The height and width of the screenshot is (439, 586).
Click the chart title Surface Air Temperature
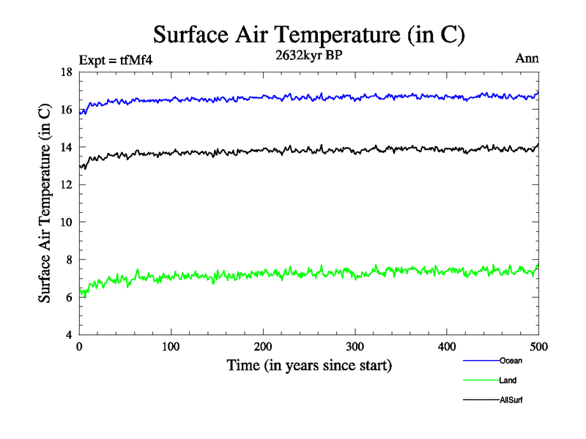[308, 34]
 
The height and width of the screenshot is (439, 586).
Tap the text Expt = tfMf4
[116, 60]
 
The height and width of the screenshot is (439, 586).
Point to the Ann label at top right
[527, 59]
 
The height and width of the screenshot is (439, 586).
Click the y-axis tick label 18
[66, 72]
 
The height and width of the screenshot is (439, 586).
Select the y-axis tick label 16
[66, 110]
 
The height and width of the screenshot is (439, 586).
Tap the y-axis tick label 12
[66, 184]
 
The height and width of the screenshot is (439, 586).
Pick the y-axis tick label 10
[66, 222]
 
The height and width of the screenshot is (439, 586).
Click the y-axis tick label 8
[68, 260]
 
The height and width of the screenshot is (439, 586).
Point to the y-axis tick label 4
[68, 334]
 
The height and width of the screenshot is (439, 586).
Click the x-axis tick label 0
[79, 347]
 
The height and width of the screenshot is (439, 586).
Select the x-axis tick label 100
[171, 347]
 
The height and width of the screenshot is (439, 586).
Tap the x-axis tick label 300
[355, 347]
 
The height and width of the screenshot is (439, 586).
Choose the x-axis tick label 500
[538, 347]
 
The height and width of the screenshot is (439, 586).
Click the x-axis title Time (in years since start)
[308, 365]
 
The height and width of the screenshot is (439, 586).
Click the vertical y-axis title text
[45, 203]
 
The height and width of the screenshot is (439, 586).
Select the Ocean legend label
[511, 361]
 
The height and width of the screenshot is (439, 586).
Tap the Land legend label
[508, 380]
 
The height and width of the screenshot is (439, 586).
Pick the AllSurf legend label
[511, 400]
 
